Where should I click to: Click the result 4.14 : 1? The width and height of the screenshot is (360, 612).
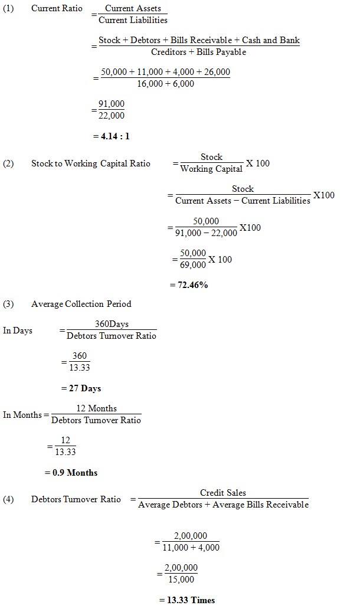[111, 136]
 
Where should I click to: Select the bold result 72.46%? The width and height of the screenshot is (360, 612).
[189, 284]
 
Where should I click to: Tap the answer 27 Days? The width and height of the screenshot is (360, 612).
[81, 388]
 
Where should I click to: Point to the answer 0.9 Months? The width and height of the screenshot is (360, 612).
[71, 473]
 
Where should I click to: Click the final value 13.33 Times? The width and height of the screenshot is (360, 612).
[187, 600]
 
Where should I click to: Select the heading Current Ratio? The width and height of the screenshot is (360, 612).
[57, 9]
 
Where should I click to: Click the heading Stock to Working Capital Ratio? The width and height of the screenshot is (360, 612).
[90, 163]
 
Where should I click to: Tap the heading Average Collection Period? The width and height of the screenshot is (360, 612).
[81, 304]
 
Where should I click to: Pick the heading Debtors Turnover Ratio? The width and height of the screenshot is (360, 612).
[76, 499]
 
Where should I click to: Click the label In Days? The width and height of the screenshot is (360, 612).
[18, 330]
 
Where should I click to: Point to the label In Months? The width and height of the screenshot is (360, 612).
[22, 415]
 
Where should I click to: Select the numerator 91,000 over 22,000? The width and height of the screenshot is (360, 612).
[112, 104]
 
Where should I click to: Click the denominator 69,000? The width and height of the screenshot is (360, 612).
[193, 265]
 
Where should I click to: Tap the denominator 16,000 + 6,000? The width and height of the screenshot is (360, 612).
[165, 84]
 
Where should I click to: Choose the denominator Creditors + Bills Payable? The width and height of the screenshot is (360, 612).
[198, 52]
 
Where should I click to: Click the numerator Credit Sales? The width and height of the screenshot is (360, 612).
[223, 493]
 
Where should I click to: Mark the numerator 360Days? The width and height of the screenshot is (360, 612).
[112, 324]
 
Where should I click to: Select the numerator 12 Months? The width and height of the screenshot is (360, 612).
[97, 408]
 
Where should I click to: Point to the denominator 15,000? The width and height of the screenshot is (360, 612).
[181, 579]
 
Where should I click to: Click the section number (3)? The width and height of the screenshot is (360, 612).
[8, 304]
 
